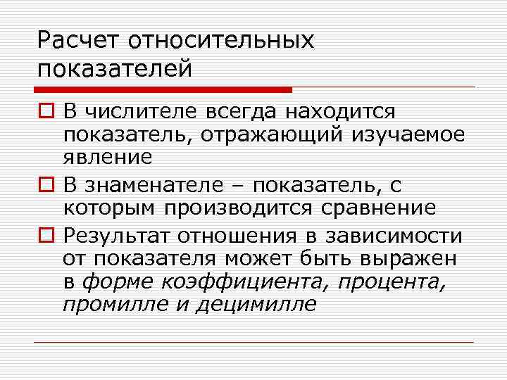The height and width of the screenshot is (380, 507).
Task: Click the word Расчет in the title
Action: tap(79, 41)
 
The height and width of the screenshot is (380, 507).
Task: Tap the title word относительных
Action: tap(220, 41)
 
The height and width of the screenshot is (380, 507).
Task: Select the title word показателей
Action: tap(115, 70)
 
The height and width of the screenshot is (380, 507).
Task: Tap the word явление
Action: tap(107, 157)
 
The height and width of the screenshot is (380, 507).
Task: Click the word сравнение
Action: tap(384, 209)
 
